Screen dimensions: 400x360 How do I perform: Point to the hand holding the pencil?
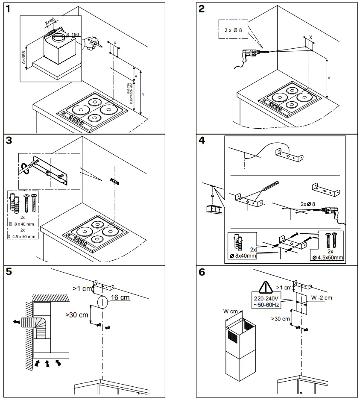pos(90,43)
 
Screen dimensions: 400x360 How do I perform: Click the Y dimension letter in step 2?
pos(329,79)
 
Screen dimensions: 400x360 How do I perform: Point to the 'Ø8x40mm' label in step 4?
pos(243,256)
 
